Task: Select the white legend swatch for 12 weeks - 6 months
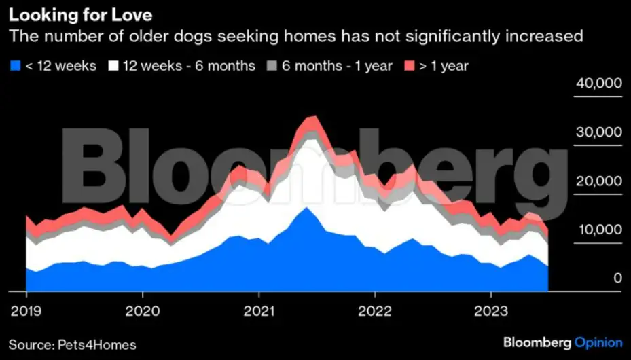113,66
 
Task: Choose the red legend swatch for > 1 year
410,66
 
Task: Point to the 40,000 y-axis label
598,84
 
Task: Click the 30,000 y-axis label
598,132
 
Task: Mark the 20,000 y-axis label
598,181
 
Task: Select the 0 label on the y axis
617,278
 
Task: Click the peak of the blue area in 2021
307,207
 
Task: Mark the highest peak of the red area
312,117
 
